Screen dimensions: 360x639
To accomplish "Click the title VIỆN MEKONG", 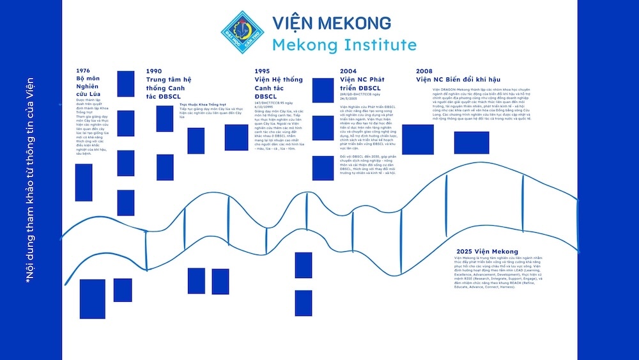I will pos(331,23).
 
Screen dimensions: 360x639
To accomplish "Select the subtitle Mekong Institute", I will pos(344,45).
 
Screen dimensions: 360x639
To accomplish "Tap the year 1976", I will pos(83,70).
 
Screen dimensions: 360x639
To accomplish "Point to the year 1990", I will pos(154,71).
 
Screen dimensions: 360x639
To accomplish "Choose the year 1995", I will pos(262,71).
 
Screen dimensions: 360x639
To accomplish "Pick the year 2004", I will pos(349,71).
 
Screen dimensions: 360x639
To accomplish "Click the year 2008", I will pos(424,71).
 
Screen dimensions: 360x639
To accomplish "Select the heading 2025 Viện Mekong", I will pos(488,251).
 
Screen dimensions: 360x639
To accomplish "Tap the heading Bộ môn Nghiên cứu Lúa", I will pos(89,87).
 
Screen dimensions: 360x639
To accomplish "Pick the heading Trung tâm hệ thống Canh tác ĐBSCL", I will pos(169,88).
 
